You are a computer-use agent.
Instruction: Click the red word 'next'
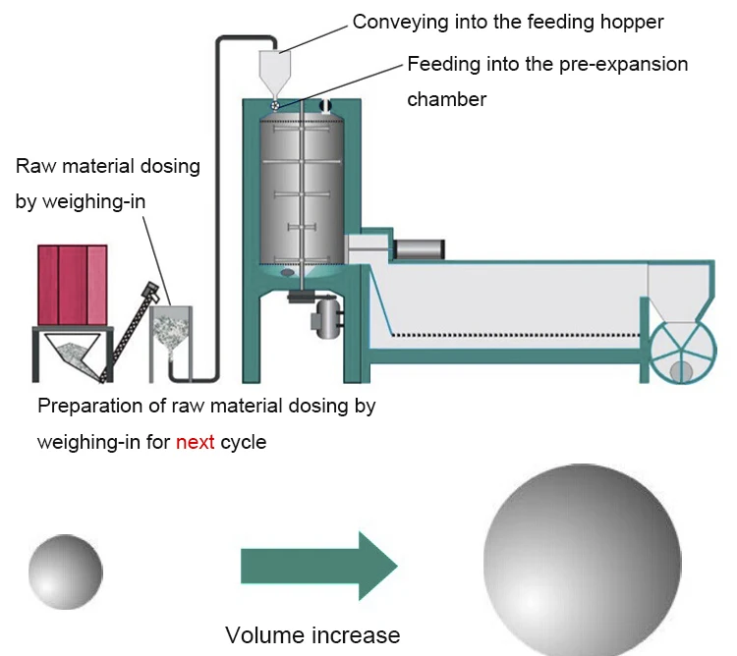pos(196,442)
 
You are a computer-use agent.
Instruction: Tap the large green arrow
pos(319,566)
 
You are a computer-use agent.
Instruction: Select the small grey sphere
pos(65,572)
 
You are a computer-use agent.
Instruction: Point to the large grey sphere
pos(583,560)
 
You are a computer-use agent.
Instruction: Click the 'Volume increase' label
pos(312,635)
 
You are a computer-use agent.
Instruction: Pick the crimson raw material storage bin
pos(73,285)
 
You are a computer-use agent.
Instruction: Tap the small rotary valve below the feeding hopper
pos(275,106)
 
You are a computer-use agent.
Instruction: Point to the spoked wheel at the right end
pos(683,353)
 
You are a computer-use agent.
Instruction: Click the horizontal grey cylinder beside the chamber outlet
pos(419,248)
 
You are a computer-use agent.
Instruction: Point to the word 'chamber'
pos(446,99)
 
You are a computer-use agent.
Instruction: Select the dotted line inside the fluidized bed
pos(516,335)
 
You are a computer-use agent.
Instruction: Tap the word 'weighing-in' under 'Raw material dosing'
pos(93,202)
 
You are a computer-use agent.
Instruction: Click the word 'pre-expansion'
pos(623,65)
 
